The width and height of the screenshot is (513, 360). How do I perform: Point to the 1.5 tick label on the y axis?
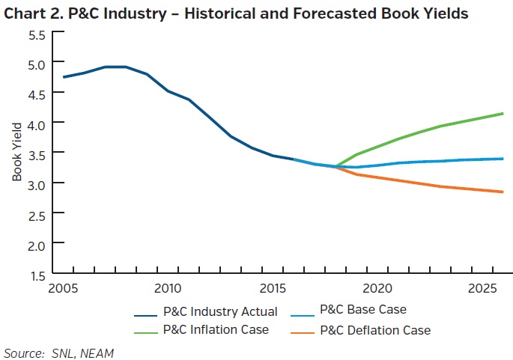point(37,275)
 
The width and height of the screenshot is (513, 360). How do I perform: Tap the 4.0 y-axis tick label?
point(37,123)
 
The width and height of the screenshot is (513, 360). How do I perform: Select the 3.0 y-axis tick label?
point(37,184)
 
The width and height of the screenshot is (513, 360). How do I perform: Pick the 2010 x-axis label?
point(167,288)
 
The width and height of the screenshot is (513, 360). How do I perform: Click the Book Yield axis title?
point(17,155)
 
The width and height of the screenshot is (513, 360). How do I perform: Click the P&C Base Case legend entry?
point(362,309)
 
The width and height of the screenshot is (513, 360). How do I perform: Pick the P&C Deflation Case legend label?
point(374,330)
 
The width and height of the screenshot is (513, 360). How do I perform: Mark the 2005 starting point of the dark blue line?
point(64,77)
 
